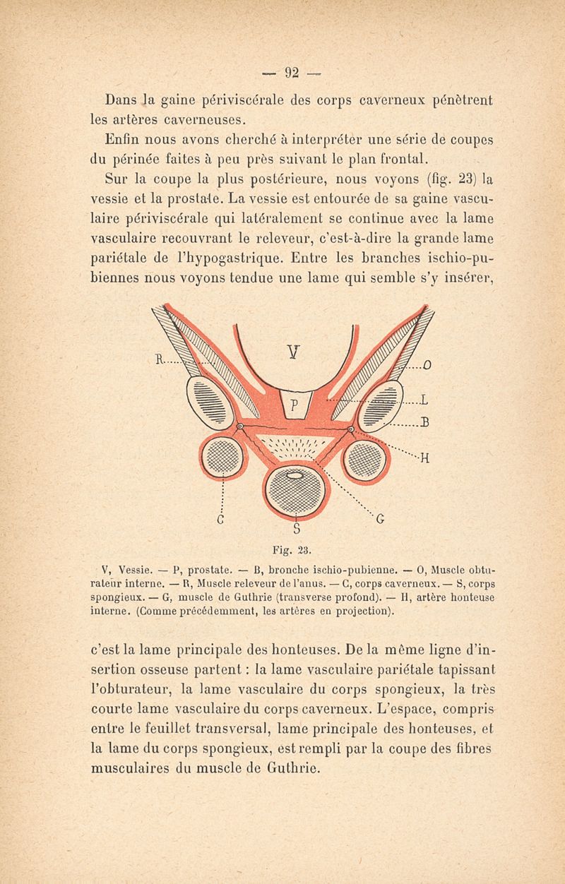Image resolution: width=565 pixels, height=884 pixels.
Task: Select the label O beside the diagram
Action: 428,365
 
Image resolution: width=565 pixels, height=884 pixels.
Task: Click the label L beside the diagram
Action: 426,402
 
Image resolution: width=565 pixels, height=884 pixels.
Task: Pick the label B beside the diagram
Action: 426,423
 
